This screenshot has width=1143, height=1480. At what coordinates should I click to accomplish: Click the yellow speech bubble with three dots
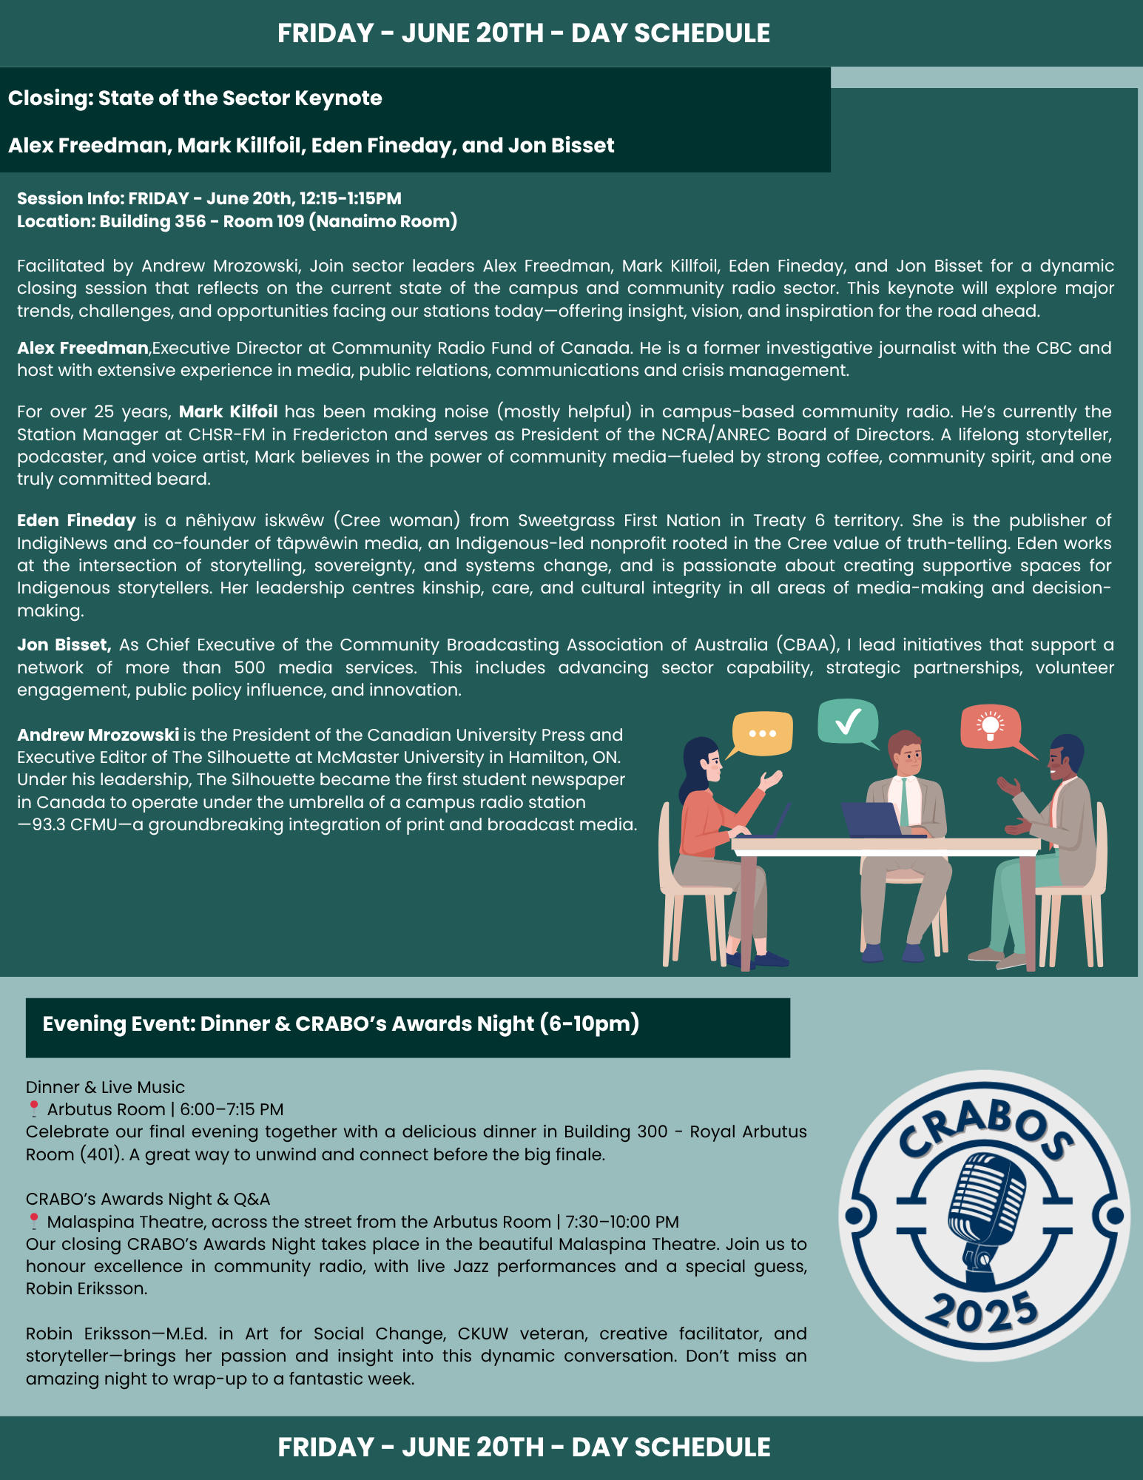coord(762,733)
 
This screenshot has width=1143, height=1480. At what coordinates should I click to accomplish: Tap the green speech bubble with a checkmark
coord(848,721)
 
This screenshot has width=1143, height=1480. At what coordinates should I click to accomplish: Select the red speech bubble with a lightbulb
coord(991,726)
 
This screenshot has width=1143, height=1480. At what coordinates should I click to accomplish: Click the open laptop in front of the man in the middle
coord(873,819)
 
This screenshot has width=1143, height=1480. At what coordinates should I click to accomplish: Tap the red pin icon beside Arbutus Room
coord(33,1109)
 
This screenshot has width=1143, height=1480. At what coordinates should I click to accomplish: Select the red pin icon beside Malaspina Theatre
coord(33,1221)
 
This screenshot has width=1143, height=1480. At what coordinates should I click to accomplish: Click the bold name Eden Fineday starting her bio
coord(76,520)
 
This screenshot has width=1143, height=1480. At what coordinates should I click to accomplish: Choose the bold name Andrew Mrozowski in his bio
coord(98,735)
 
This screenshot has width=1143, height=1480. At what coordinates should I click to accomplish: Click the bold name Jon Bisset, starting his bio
coord(64,645)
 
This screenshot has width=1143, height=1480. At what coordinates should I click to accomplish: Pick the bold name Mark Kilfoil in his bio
coord(228,411)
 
